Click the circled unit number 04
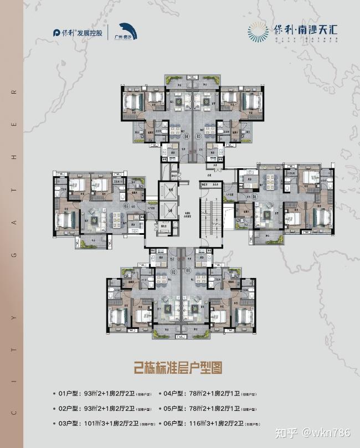pos(186,135)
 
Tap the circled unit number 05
pos(198,135)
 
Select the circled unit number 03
pos(126,207)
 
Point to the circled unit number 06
pos(254,195)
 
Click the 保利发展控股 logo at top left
pos(78,33)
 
